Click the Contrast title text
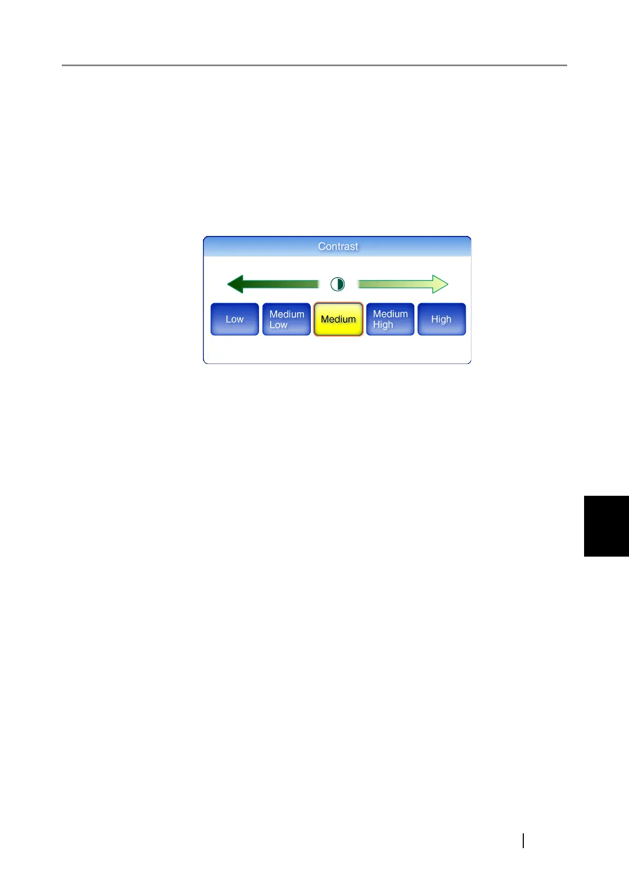pyautogui.click(x=338, y=247)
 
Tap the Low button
pyautogui.click(x=235, y=319)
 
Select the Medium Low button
pyautogui.click(x=286, y=319)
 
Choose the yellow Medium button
pyautogui.click(x=338, y=319)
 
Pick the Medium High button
pyautogui.click(x=390, y=319)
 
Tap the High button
pyautogui.click(x=441, y=319)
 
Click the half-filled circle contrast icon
pyautogui.click(x=338, y=284)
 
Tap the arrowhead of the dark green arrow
pyautogui.click(x=235, y=284)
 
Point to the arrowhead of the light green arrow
pyautogui.click(x=440, y=284)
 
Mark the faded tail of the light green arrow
pyautogui.click(x=365, y=284)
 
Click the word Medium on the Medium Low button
pyautogui.click(x=287, y=314)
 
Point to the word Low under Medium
pyautogui.click(x=279, y=325)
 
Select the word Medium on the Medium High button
pyautogui.click(x=390, y=314)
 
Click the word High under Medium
pyautogui.click(x=383, y=325)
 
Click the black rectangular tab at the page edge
pyautogui.click(x=606, y=526)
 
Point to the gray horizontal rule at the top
pyautogui.click(x=314, y=65)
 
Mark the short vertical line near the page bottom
pyautogui.click(x=523, y=840)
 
